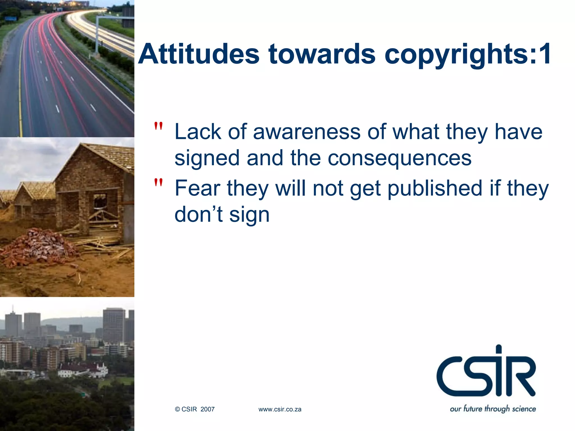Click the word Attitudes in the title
click(x=199, y=54)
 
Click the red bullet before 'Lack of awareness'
click(x=158, y=127)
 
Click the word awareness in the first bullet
click(x=307, y=132)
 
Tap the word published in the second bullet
click(x=435, y=189)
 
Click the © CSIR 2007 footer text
click(x=195, y=409)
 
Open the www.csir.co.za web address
click(x=280, y=409)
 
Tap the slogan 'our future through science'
click(x=493, y=409)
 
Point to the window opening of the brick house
click(x=100, y=201)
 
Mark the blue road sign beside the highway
click(x=11, y=19)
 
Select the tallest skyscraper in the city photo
click(x=114, y=325)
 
